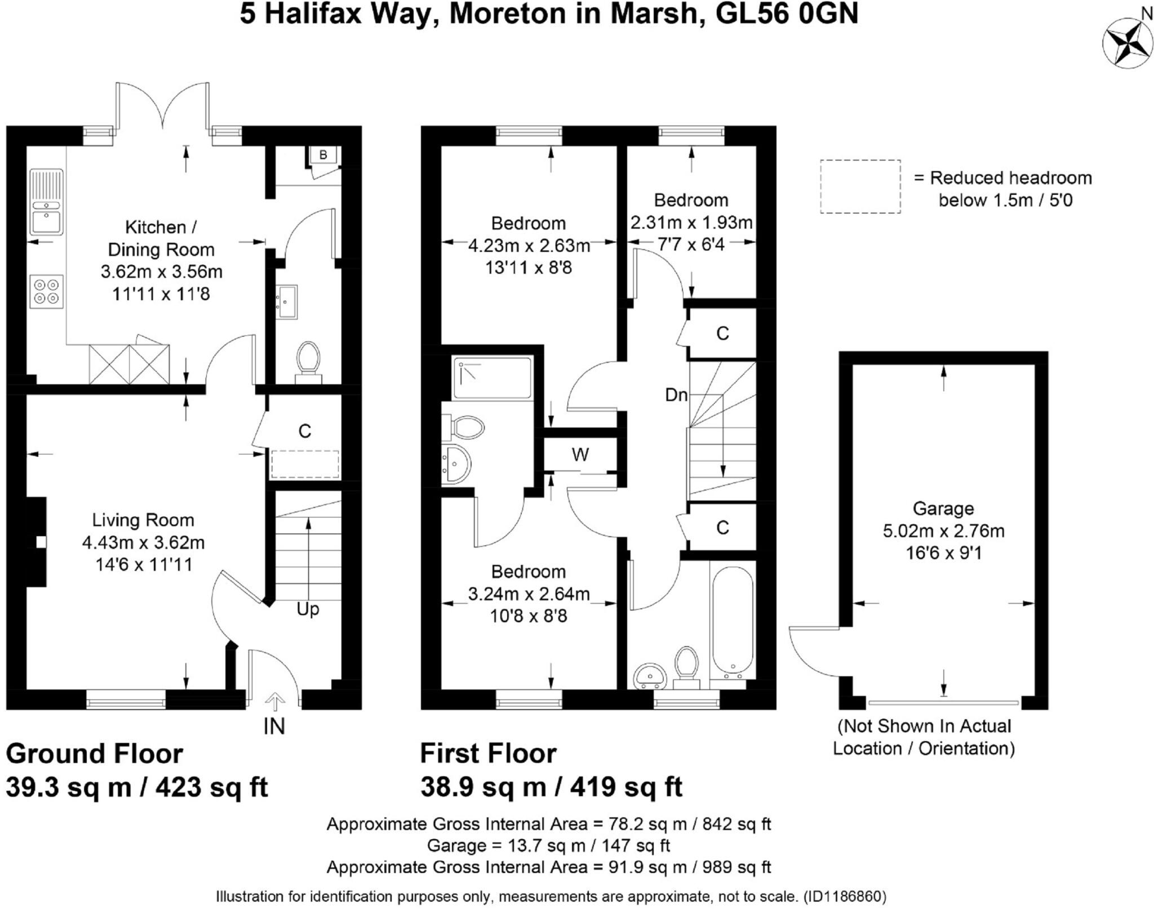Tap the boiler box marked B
(323, 154)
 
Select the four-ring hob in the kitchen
(46, 291)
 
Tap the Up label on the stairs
(308, 609)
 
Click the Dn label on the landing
(676, 395)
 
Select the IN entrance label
(274, 727)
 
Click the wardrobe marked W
(580, 454)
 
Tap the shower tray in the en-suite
(492, 377)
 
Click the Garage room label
(943, 509)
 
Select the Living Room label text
(143, 520)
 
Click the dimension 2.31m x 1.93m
(691, 222)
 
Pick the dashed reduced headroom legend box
(860, 186)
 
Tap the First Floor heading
(489, 754)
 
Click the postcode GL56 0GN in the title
(787, 14)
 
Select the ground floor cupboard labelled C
(305, 438)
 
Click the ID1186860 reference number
(845, 896)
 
